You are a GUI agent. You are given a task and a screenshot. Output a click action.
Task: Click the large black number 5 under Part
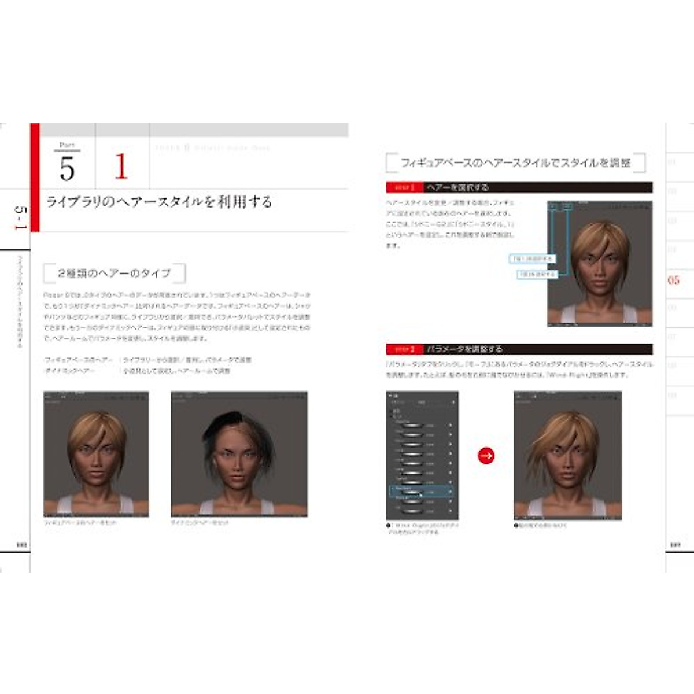[x=67, y=169]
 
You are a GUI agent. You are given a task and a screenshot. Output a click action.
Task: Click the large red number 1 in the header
[x=121, y=167]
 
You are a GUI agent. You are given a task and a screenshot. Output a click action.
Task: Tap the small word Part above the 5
[x=67, y=145]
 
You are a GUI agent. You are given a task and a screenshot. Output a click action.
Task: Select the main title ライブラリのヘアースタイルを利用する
[x=158, y=202]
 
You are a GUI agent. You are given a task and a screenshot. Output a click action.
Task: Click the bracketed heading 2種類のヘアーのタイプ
[x=115, y=273]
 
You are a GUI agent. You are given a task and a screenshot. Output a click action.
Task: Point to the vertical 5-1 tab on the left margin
[x=19, y=218]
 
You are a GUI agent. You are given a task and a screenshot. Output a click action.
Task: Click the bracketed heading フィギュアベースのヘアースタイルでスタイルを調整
[x=515, y=163]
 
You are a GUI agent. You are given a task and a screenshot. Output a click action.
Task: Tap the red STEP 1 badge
[x=404, y=187]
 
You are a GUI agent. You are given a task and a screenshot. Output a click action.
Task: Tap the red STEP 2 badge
[x=404, y=349]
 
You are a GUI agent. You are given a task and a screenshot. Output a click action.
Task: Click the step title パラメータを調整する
[x=464, y=349]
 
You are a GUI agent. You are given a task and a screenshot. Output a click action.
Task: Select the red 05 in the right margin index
[x=673, y=280]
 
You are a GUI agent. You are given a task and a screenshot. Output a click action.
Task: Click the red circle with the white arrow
[x=486, y=456]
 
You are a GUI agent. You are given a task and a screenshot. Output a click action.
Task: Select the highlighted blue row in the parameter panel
[x=420, y=492]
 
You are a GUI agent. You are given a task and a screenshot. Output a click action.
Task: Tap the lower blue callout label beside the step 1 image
[x=536, y=274]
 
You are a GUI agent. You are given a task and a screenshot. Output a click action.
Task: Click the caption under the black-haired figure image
[x=200, y=523]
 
